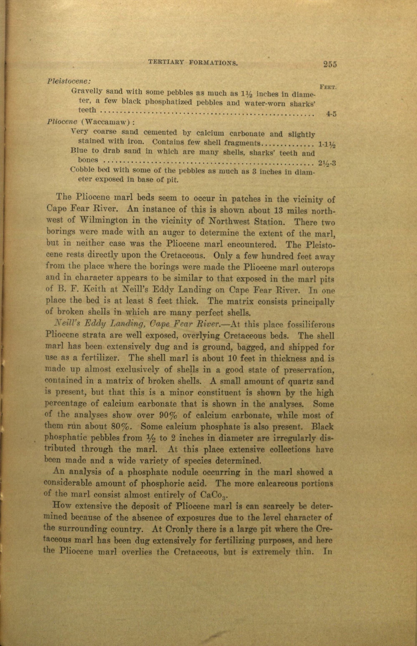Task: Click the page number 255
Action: [329, 65]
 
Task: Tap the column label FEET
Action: [328, 87]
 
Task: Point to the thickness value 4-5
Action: [331, 114]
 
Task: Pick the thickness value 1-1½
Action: [327, 144]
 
